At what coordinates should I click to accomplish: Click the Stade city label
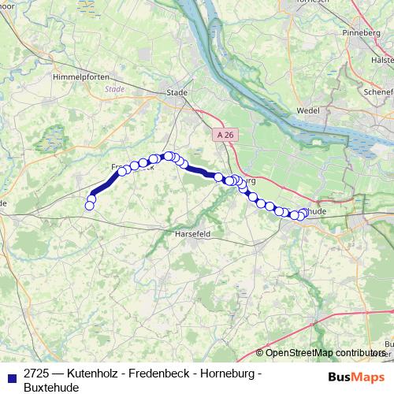coord(177,92)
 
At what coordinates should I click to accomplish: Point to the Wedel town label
coord(307,111)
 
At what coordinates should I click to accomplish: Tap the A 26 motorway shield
coord(225,135)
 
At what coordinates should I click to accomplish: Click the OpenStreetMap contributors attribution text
coord(324,353)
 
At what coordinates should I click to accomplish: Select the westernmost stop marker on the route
coord(89,206)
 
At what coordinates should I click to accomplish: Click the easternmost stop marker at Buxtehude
coord(305,212)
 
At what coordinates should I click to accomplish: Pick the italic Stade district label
coord(115,89)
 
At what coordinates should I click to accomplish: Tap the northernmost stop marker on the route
coord(168,156)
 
